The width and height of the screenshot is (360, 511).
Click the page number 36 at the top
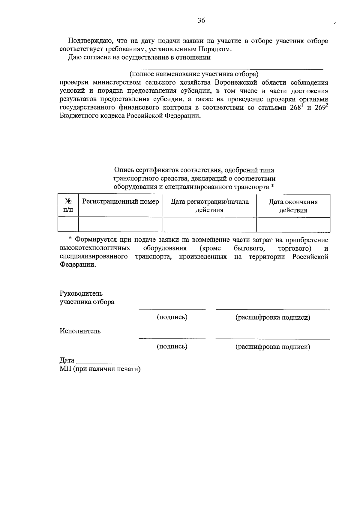[x=201, y=20]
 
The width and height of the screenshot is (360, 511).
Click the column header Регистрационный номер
[x=120, y=202]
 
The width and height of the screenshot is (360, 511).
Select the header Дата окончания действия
[x=293, y=206]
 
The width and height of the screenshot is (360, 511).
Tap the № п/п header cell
[x=68, y=206]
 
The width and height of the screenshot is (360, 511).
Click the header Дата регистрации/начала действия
[x=209, y=206]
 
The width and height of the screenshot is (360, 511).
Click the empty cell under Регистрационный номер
[x=120, y=225]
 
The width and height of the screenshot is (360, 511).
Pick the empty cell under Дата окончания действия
[x=293, y=225]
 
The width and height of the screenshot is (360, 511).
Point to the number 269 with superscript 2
[x=321, y=108]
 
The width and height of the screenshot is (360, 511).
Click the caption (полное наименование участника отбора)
[x=194, y=74]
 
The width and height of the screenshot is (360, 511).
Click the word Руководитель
[x=81, y=293]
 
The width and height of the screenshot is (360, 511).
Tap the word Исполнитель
[x=80, y=331]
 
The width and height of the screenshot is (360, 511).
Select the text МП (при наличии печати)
[x=100, y=369]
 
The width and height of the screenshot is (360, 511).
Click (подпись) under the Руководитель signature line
[x=172, y=317]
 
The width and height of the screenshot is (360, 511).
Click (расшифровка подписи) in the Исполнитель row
[x=273, y=347]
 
